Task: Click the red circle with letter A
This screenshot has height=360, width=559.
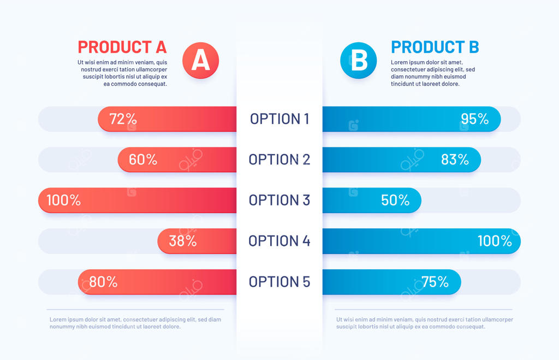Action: (200, 60)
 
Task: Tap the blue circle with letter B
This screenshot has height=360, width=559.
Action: (358, 60)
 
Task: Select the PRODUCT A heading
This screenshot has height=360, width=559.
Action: (122, 46)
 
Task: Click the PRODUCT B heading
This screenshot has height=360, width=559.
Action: (435, 47)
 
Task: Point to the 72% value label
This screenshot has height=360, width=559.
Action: (123, 119)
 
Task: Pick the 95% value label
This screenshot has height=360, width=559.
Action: (474, 119)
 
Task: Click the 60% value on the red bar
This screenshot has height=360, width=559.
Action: (143, 160)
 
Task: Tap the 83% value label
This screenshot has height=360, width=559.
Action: (455, 160)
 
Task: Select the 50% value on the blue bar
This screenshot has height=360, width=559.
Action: (395, 200)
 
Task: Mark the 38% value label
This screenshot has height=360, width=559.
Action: (182, 241)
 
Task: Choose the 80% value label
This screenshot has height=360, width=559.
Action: (103, 282)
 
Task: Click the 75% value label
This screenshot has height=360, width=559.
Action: (435, 282)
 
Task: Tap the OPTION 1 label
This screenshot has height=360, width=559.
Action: (279, 119)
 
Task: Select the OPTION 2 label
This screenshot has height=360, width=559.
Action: (279, 160)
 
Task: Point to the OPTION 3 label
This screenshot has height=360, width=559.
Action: (279, 200)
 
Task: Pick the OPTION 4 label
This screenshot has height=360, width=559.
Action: (279, 241)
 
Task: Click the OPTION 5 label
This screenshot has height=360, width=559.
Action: (279, 282)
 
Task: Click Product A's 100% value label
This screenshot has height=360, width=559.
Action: (63, 200)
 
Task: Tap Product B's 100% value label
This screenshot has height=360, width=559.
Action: (495, 241)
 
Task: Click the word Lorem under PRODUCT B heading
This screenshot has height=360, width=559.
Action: (400, 62)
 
